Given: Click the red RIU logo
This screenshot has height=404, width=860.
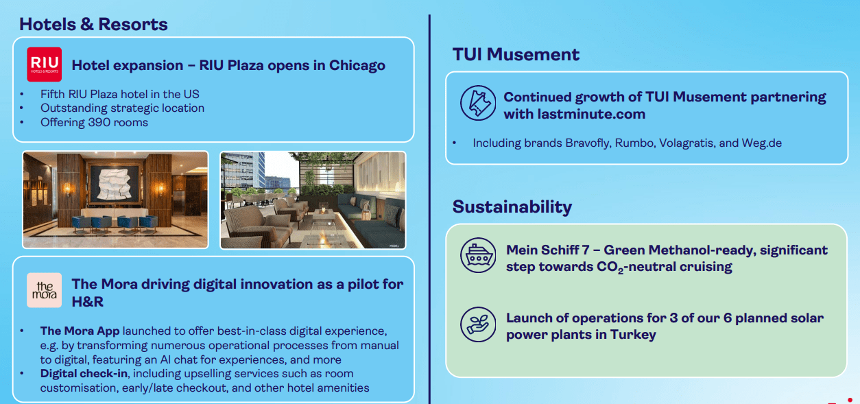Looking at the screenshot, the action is click(x=44, y=64).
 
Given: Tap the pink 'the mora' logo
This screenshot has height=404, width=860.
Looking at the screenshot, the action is click(x=44, y=290).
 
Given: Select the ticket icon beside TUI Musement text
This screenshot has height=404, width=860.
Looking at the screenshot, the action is click(x=478, y=103).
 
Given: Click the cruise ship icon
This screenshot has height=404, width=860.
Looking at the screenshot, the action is click(x=478, y=255).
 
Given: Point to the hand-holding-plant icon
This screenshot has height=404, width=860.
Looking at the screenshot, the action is click(x=478, y=324).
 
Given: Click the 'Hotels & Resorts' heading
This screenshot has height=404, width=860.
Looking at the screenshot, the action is click(x=93, y=24).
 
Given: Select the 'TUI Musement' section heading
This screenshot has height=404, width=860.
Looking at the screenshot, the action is click(x=516, y=54).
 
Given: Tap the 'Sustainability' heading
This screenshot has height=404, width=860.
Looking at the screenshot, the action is click(x=512, y=206).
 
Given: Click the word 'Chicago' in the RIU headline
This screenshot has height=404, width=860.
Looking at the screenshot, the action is click(x=357, y=65).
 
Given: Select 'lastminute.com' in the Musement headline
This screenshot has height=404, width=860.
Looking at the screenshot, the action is click(x=591, y=114).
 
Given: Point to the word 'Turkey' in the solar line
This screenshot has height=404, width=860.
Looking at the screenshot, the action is click(x=633, y=335).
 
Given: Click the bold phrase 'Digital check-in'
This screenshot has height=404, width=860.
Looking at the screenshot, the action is click(x=84, y=373).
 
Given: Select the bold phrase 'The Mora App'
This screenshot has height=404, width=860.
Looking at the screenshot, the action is click(x=80, y=331).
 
